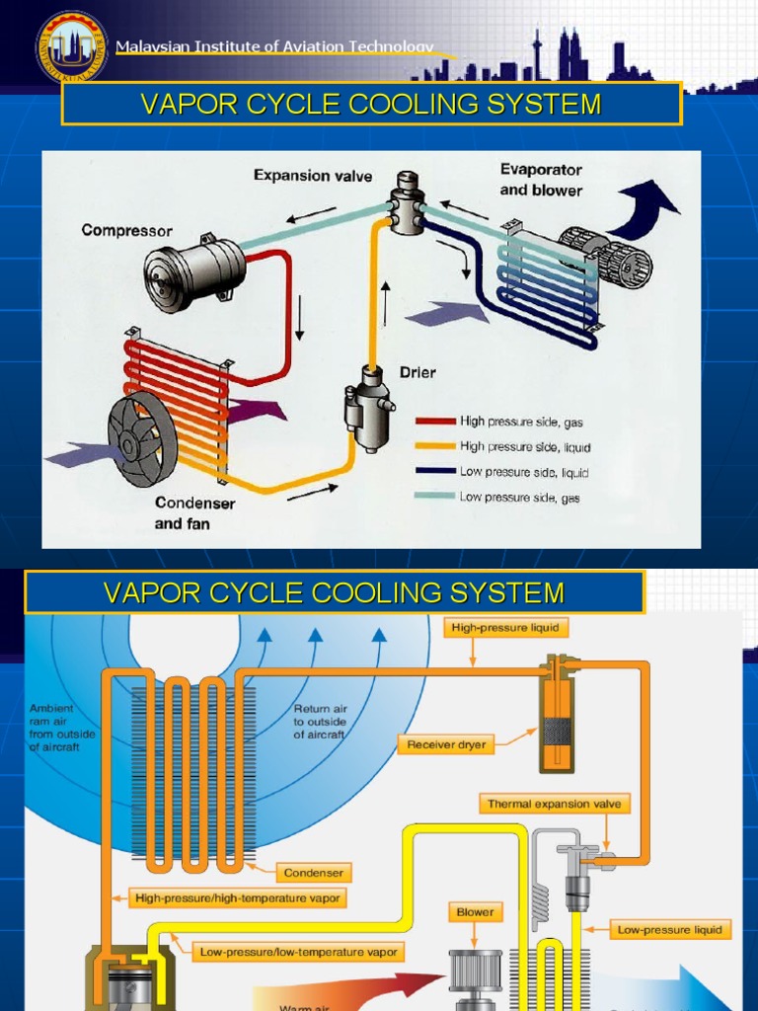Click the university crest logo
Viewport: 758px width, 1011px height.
click(x=72, y=46)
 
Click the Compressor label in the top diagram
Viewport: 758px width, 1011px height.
click(x=126, y=231)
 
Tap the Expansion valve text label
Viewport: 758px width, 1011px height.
click(x=313, y=176)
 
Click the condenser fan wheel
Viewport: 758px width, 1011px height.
click(x=142, y=438)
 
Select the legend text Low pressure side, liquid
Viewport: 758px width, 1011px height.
click(x=523, y=473)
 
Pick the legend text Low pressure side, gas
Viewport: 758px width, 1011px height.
click(x=519, y=498)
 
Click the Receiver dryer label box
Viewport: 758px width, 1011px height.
click(x=446, y=744)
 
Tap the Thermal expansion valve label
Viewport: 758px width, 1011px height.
click(x=554, y=804)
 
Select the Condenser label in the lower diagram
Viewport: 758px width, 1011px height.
click(x=312, y=873)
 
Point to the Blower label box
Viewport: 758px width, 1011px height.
click(x=475, y=912)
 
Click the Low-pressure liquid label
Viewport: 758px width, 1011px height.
click(x=670, y=929)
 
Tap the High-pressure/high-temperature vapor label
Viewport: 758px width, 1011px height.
click(x=237, y=898)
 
